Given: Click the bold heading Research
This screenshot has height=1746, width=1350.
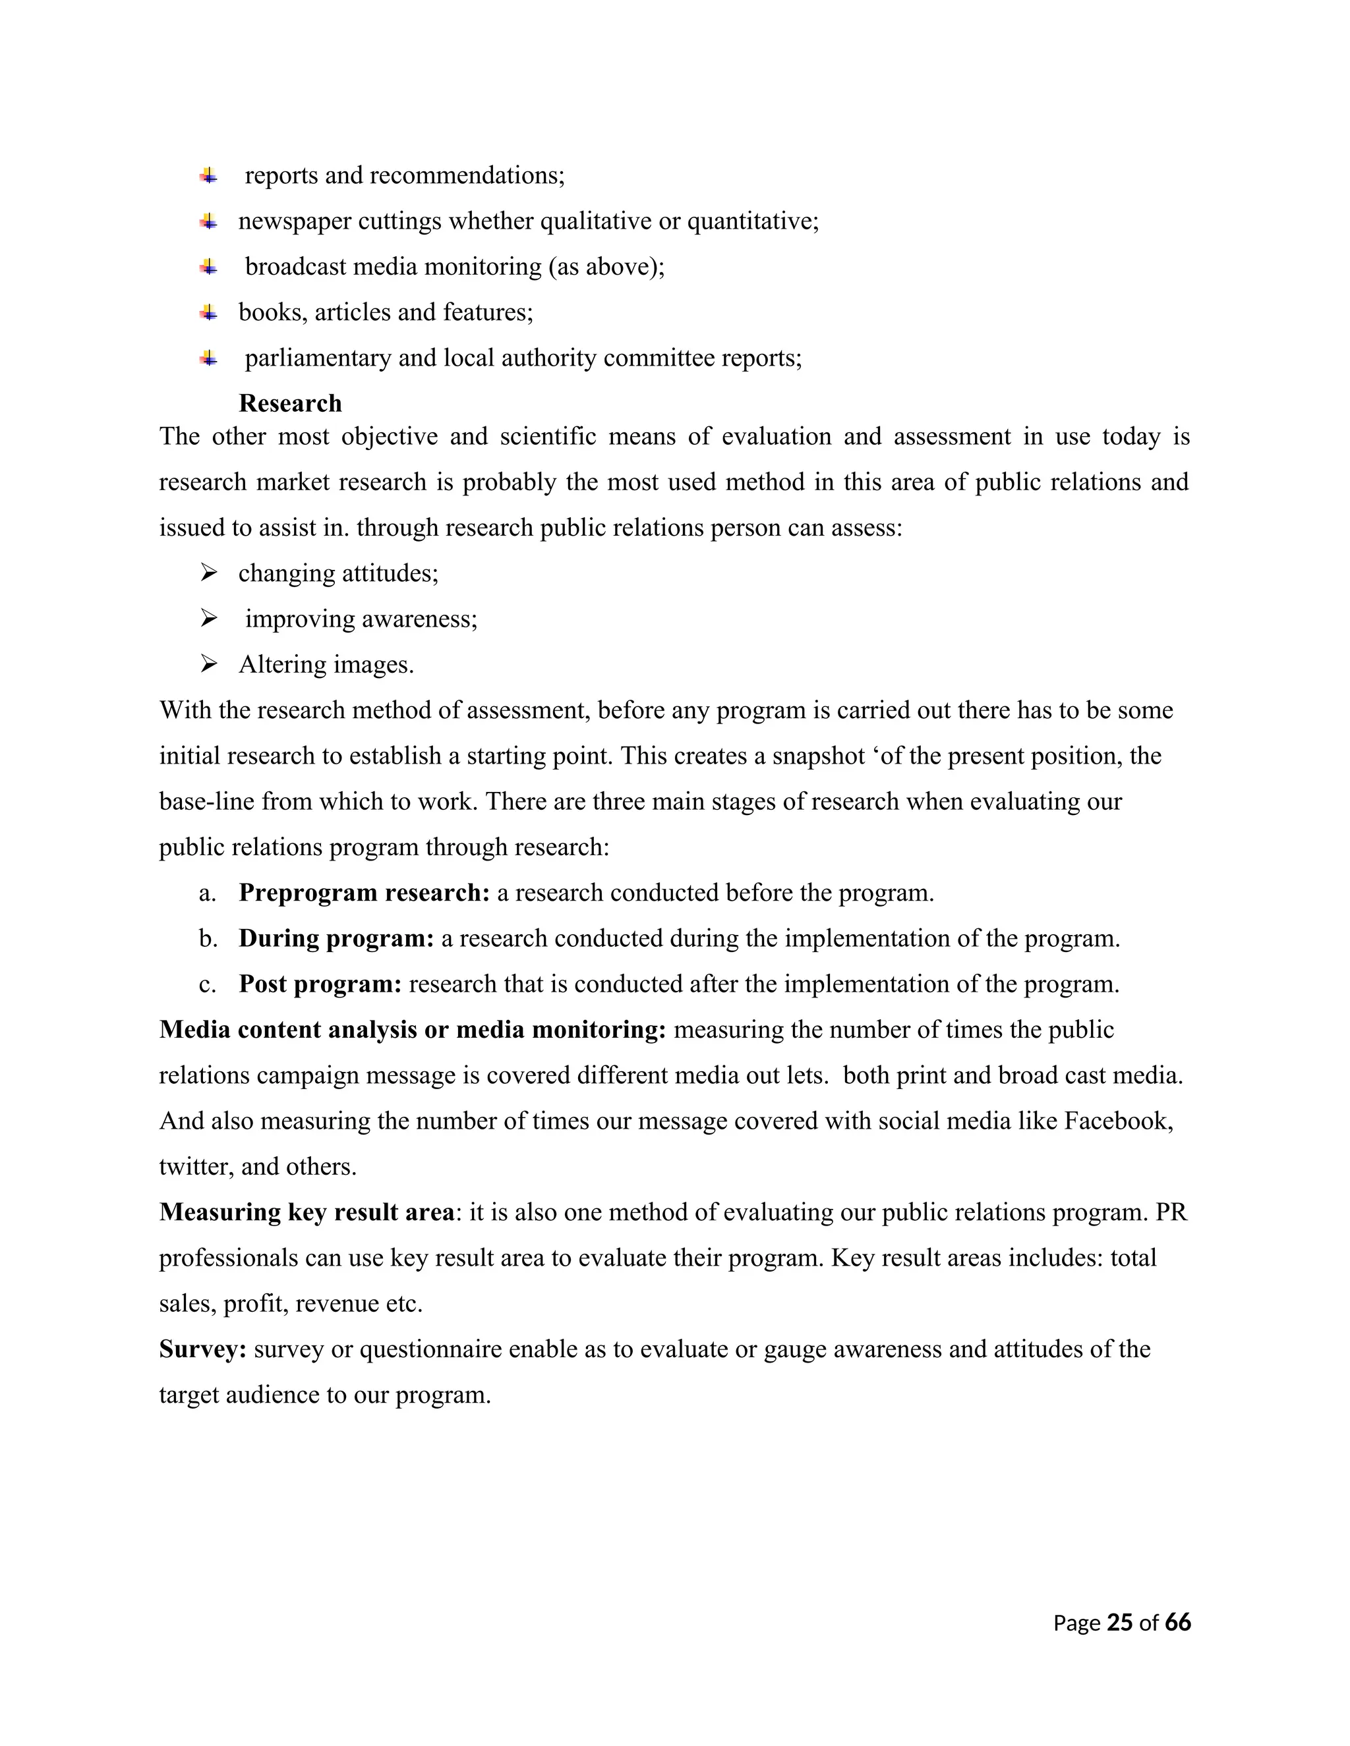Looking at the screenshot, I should click(289, 403).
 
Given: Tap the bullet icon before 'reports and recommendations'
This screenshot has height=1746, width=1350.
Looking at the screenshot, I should click(209, 175).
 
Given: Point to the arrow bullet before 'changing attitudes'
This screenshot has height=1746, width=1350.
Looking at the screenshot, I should click(209, 573).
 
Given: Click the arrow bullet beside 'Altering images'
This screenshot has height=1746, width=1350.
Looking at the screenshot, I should click(209, 663).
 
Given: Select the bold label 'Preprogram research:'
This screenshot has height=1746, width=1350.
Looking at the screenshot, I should click(364, 892).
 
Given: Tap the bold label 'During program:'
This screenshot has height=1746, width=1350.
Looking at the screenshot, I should click(336, 938).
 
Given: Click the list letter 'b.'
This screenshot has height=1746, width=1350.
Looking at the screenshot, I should click(208, 938).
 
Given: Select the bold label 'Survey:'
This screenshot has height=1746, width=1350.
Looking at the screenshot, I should click(203, 1349).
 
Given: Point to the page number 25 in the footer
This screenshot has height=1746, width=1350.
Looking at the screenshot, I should click(1120, 1622).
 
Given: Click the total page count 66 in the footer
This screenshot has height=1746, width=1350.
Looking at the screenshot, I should click(1178, 1622).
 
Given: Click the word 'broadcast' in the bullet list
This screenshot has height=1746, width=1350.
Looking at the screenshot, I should click(296, 267).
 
